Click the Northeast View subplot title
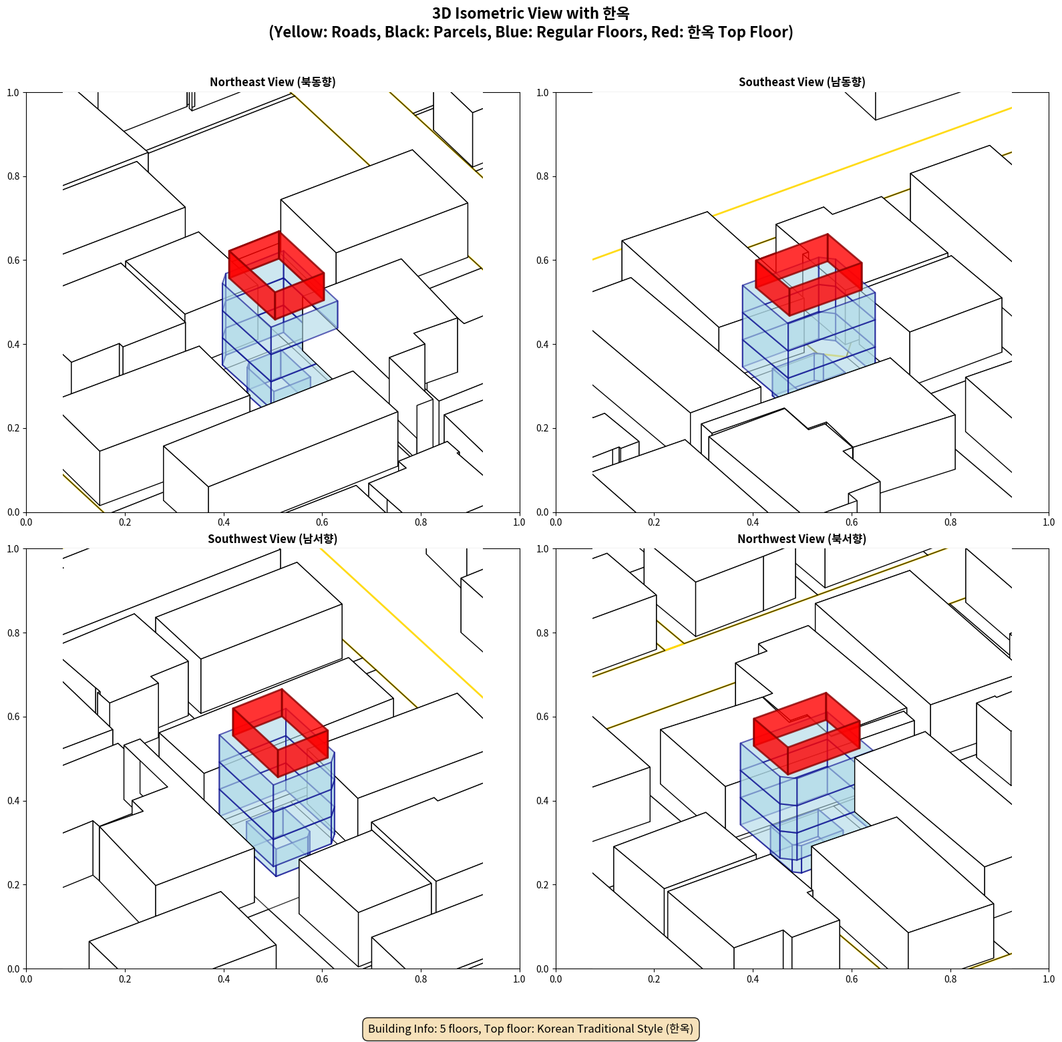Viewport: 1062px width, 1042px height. (x=273, y=81)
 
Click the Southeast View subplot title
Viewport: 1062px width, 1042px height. (x=802, y=81)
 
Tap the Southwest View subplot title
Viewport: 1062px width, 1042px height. (x=273, y=538)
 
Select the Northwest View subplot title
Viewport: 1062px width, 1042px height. (x=802, y=538)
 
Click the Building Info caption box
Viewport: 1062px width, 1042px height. (x=531, y=1029)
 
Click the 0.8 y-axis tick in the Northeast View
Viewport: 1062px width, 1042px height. (x=13, y=176)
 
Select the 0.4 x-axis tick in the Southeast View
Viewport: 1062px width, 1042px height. (x=753, y=522)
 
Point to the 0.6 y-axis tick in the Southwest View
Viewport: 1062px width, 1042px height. (x=13, y=717)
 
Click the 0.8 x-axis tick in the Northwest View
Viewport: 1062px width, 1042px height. (x=950, y=979)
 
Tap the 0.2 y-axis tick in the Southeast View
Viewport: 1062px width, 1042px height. (x=543, y=428)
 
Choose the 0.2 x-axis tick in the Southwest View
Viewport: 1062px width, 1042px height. (x=125, y=979)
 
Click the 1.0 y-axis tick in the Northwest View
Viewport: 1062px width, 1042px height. (x=543, y=549)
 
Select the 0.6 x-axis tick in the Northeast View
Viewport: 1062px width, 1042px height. (x=322, y=522)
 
